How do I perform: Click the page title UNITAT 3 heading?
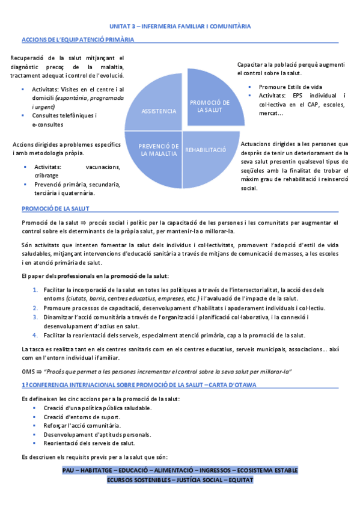tap(180, 26)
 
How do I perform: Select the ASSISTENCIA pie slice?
tap(159, 111)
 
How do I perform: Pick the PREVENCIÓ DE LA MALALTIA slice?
tap(159, 150)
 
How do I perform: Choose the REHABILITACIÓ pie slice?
tap(205, 150)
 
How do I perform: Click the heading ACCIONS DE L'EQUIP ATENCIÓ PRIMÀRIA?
tap(77, 40)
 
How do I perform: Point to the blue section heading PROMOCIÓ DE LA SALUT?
tap(55, 209)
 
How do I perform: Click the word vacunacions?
tap(103, 167)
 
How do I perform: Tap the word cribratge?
tap(46, 175)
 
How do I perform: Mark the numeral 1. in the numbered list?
tap(36, 290)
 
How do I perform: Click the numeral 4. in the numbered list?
tap(36, 335)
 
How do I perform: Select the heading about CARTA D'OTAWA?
tap(139, 384)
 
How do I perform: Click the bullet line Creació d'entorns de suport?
tap(81, 417)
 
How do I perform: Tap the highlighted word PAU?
tap(69, 470)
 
